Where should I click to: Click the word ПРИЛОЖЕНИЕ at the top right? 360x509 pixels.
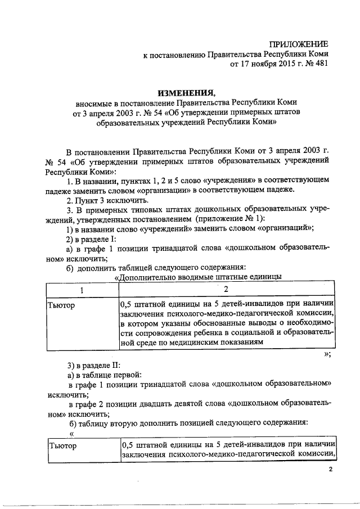298,44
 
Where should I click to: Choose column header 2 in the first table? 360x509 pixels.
226,289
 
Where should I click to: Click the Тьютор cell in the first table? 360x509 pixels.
62,305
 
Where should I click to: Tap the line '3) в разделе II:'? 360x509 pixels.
93,365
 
